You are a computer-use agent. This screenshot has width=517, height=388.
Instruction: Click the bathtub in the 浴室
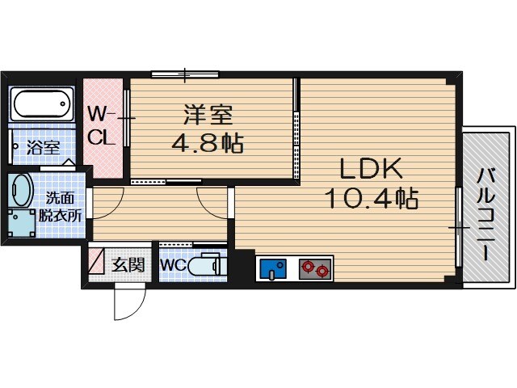pos(42,104)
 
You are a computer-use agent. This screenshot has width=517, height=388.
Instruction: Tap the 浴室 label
pos(43,147)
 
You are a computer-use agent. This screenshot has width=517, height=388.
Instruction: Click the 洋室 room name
pos(208,115)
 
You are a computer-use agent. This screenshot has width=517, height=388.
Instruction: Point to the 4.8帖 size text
pos(208,143)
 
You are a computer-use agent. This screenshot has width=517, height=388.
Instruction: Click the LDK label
pos(371,168)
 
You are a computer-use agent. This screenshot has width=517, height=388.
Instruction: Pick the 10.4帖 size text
pos(372,198)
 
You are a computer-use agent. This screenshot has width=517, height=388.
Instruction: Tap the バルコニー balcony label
pos(486,214)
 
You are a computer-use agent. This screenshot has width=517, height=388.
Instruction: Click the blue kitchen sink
pos(273,269)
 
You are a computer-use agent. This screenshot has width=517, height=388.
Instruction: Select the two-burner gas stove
pos(315,269)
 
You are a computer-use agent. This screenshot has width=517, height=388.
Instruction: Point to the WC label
pos(174,265)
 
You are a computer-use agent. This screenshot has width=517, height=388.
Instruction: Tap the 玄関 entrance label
pos(128,264)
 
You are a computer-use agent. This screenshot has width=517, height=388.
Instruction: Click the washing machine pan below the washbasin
pos(22,223)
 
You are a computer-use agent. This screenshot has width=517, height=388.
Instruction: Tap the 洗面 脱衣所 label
pos(61,207)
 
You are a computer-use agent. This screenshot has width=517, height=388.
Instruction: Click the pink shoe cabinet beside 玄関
pos(96,260)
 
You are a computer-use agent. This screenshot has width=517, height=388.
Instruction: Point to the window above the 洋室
pos(185,74)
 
